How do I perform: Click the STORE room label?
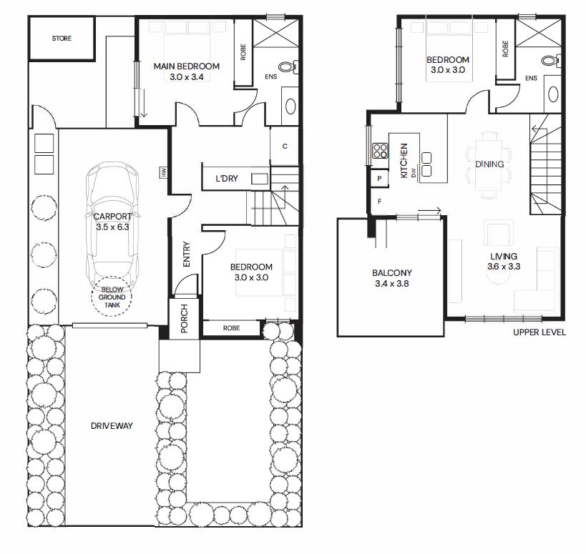coord(62,39)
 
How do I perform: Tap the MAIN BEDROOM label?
coord(187,66)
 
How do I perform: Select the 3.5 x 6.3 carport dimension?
coord(112,227)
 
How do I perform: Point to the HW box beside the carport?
coord(163,172)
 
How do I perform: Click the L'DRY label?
coord(227,179)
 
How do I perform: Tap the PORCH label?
coord(184,319)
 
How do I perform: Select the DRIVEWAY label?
coord(112,426)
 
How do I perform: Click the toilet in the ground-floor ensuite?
coord(288,66)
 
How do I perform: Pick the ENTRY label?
coord(187,254)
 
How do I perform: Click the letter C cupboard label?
coord(285,147)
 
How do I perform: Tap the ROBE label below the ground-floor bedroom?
coord(231,328)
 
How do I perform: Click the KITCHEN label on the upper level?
coord(404,161)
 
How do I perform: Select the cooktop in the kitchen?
coord(380,152)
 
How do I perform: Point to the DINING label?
coord(489,164)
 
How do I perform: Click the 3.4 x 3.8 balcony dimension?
coord(392,284)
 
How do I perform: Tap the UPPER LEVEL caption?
coord(539,332)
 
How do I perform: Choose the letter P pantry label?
coord(379,179)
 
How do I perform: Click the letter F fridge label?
coord(379,202)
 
